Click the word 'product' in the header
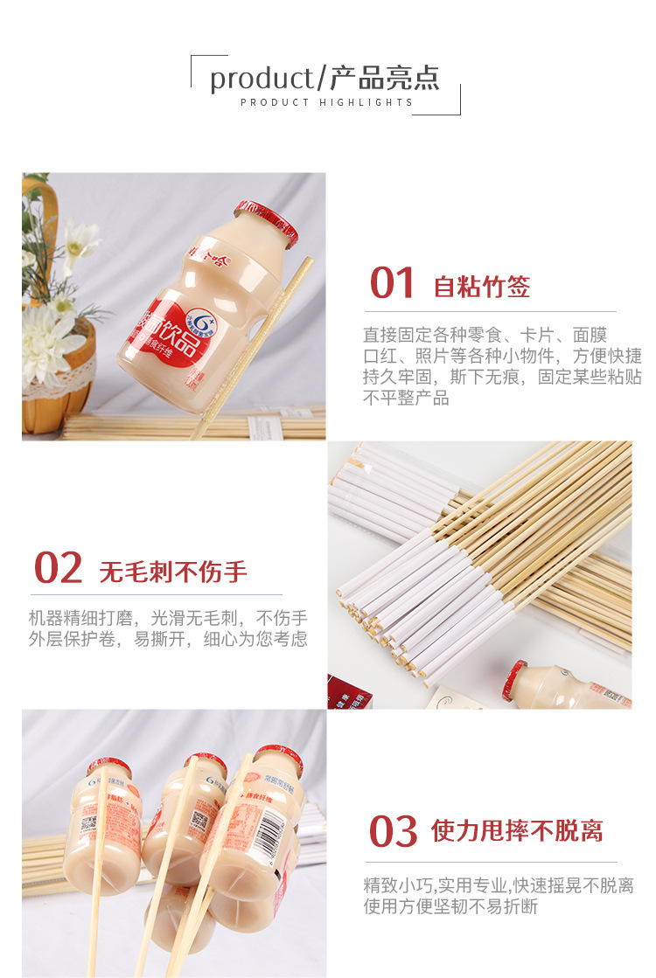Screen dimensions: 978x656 coord(261,78)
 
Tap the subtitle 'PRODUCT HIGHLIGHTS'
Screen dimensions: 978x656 coord(326,102)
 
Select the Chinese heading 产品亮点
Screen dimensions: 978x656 coord(384,78)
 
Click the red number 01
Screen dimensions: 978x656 coord(392,283)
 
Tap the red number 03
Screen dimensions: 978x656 coord(393,830)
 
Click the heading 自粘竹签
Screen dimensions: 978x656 coord(482,287)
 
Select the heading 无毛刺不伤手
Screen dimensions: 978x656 coord(173,572)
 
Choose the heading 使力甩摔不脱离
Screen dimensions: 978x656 coord(517,831)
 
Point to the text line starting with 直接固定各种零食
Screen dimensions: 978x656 coord(485,335)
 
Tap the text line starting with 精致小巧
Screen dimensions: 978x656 coord(499,885)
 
